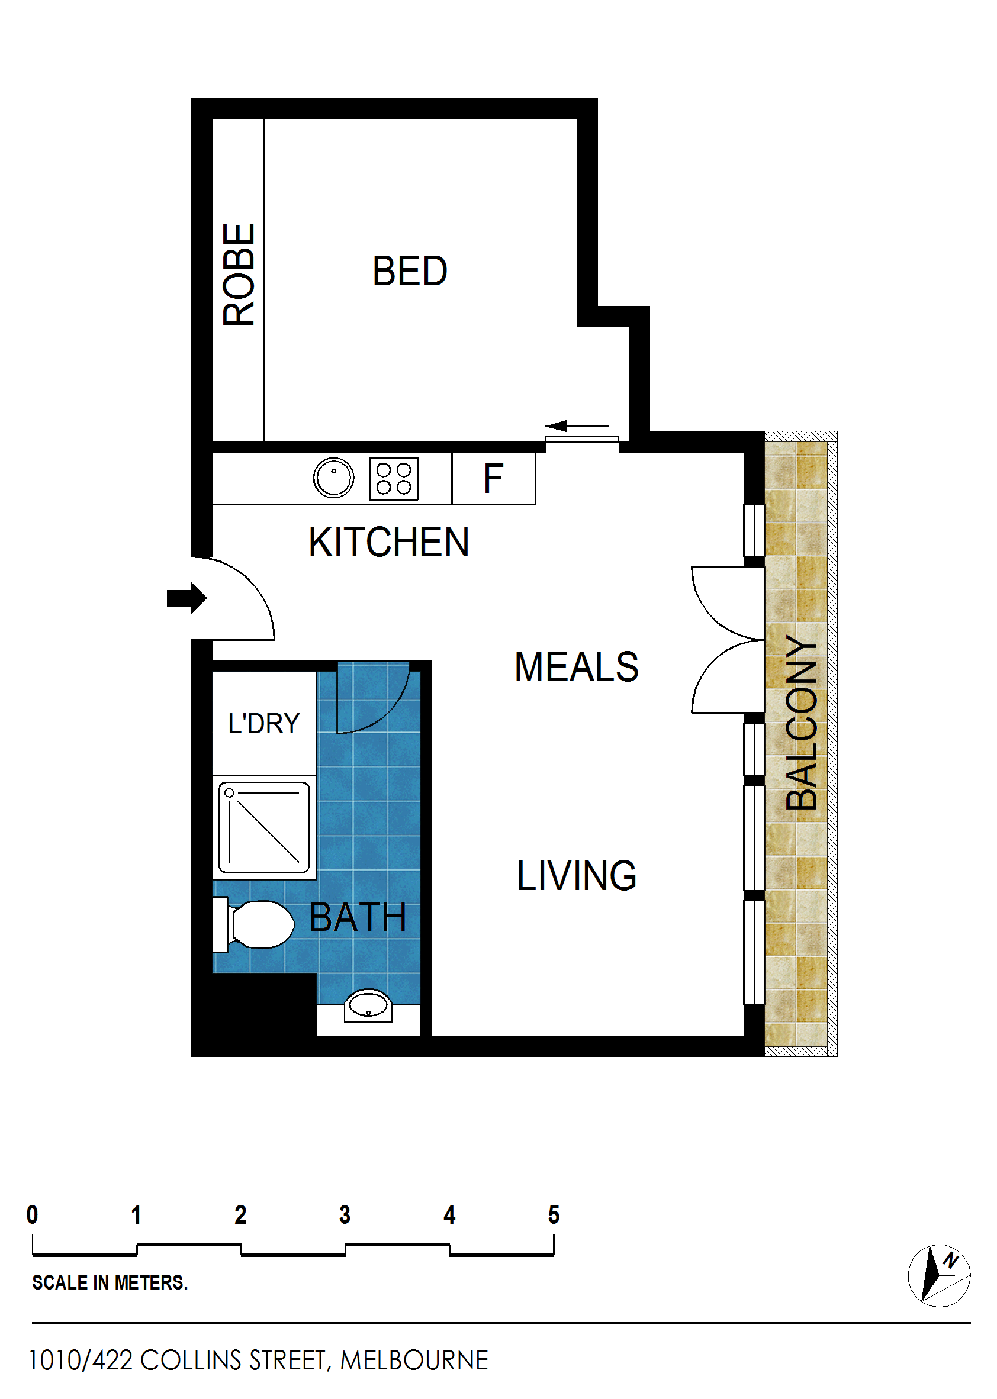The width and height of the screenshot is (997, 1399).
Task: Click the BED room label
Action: click(x=410, y=270)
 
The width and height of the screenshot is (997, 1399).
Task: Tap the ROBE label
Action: click(x=238, y=274)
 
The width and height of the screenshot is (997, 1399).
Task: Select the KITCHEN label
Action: click(x=388, y=543)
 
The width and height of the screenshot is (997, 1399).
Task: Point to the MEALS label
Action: click(x=577, y=667)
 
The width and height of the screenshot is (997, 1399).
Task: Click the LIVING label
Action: click(x=577, y=876)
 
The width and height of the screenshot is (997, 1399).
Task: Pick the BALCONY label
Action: click(x=802, y=723)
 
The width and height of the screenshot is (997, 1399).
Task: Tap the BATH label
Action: click(x=358, y=917)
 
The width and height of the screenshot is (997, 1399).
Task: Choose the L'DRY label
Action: click(x=264, y=723)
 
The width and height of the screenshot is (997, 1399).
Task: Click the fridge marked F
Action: click(x=494, y=479)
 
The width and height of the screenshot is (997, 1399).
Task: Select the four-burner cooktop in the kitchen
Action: click(x=394, y=479)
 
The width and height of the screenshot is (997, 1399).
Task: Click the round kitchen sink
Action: click(x=333, y=478)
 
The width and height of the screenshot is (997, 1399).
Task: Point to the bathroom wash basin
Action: click(x=368, y=1005)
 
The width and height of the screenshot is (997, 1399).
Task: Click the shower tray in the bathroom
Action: click(x=264, y=827)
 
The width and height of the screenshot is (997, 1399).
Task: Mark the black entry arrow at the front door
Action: click(x=186, y=598)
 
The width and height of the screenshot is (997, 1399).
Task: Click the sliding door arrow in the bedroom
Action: click(x=577, y=426)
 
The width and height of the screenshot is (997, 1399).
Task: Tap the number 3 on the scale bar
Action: click(x=345, y=1214)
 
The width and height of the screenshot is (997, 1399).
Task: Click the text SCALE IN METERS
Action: click(x=110, y=1282)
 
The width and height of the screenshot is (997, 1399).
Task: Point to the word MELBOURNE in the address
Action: click(x=414, y=1361)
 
